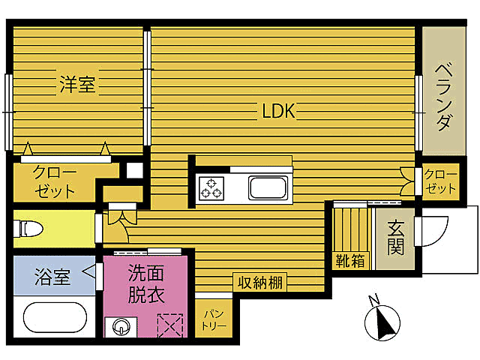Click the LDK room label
(279, 112)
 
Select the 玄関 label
(394, 235)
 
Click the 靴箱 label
(350, 261)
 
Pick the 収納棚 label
(260, 283)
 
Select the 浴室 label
(52, 277)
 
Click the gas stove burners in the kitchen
(211, 187)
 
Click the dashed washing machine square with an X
(170, 325)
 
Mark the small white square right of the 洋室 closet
(134, 169)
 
